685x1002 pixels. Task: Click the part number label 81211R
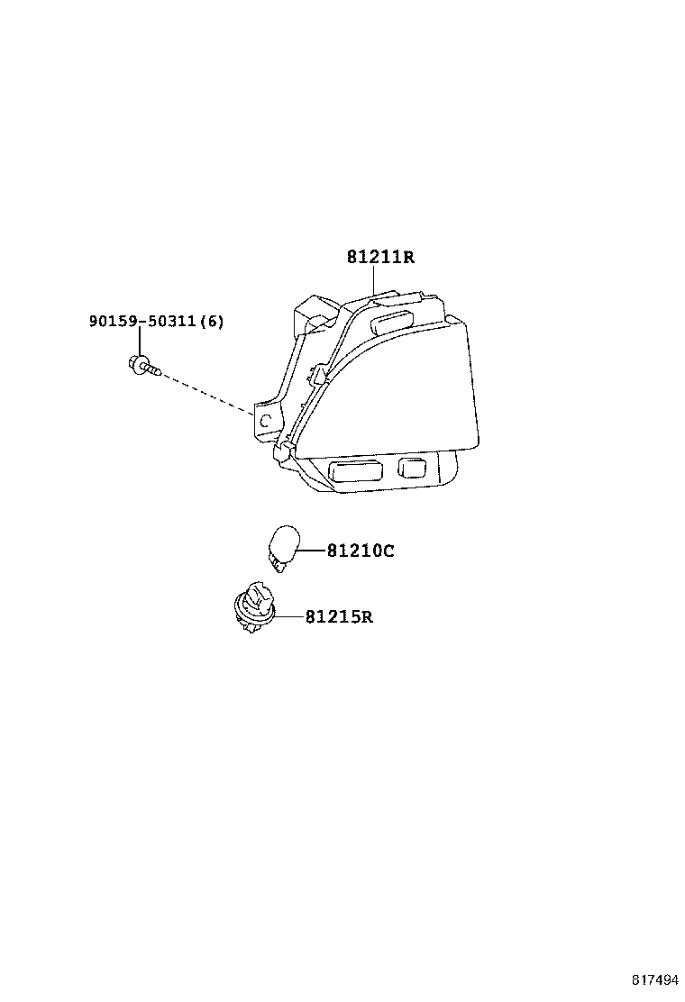click(380, 257)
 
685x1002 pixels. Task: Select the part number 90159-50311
click(142, 321)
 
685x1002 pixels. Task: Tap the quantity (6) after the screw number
click(212, 321)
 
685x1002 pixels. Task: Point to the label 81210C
click(361, 551)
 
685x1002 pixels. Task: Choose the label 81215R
click(339, 616)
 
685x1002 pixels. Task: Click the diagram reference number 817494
click(655, 979)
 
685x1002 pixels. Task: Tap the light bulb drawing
click(283, 548)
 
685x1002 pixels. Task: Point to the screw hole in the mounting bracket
click(267, 421)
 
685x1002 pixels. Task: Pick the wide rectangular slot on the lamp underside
click(355, 470)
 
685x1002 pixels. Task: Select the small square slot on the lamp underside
click(412, 467)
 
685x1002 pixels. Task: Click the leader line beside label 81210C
click(313, 551)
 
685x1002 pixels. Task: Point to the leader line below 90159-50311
click(139, 342)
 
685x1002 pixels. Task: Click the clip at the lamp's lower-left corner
click(283, 451)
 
